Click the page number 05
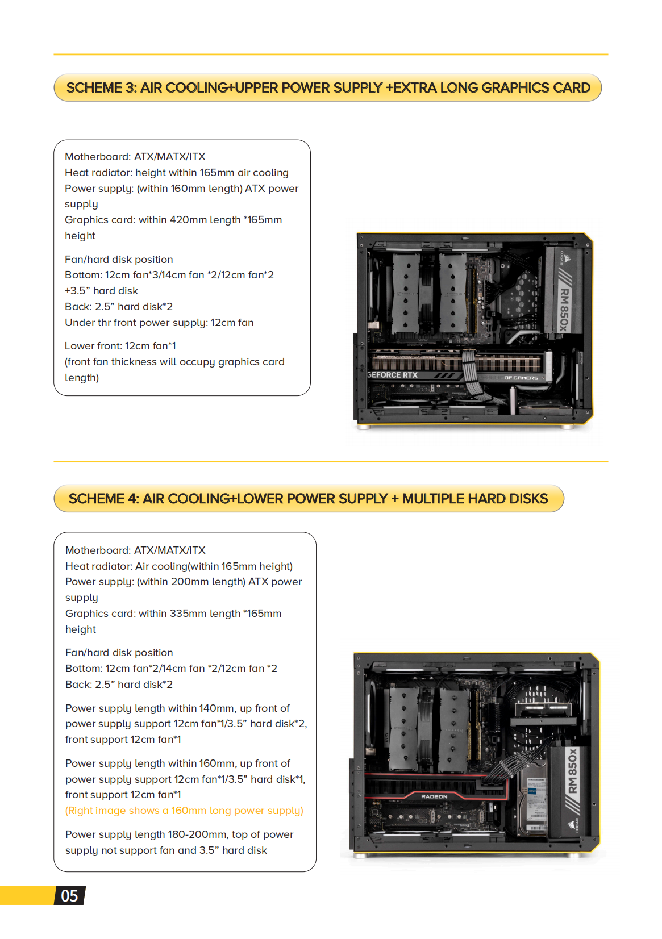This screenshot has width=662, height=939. (x=69, y=896)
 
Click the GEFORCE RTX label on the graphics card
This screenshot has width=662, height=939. (x=393, y=375)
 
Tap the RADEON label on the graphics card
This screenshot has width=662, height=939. (x=434, y=796)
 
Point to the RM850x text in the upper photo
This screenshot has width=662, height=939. (x=564, y=309)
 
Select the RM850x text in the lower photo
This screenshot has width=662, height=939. (x=573, y=770)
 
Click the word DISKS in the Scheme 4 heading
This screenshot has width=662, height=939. (x=529, y=499)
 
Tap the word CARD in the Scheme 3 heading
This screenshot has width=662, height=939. (x=572, y=88)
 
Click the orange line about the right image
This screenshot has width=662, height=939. (x=184, y=811)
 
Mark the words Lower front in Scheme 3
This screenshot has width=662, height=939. (x=92, y=346)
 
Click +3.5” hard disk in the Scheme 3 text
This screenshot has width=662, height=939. (x=102, y=291)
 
